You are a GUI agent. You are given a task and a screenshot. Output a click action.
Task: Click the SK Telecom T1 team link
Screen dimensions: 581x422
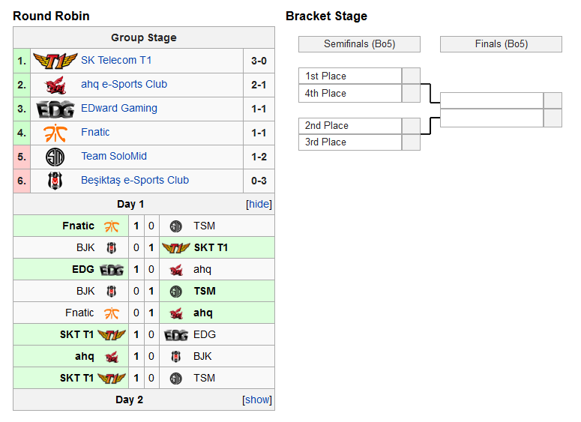tap(116, 60)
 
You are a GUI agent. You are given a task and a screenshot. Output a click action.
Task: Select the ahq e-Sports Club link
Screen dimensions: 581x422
tap(124, 84)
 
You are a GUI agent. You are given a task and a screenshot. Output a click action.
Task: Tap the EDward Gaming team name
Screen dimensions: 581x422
tap(119, 108)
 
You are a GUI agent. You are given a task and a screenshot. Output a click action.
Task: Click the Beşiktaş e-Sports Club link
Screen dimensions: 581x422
tap(135, 180)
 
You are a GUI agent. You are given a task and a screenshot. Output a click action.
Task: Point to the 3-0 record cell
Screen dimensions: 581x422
tap(259, 61)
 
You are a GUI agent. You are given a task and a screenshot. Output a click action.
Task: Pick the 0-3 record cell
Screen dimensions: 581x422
tap(259, 181)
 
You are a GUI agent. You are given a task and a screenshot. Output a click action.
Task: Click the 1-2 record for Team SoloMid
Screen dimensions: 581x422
tap(259, 157)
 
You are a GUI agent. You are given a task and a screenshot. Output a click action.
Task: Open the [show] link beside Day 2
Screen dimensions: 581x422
tap(257, 400)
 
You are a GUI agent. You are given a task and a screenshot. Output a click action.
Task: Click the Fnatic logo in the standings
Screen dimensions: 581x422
tap(55, 133)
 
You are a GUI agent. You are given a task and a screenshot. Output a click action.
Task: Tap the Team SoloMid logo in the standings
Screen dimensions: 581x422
tap(55, 157)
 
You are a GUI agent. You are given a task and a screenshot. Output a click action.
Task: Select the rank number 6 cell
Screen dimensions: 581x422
tap(22, 181)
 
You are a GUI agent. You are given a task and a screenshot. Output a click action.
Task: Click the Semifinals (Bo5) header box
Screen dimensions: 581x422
tap(359, 44)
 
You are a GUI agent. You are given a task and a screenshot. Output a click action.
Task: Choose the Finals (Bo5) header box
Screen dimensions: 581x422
tap(501, 44)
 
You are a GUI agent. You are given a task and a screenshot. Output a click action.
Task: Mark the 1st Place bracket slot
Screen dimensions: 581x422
tap(350, 76)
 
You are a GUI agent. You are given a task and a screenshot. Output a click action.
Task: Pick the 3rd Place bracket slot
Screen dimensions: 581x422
tap(350, 142)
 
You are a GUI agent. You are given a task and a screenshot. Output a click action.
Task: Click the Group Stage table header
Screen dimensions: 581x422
tap(144, 37)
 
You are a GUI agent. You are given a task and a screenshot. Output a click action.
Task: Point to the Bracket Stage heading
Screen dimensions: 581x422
tap(326, 16)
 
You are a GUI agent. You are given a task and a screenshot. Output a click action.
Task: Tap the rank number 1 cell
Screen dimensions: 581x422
tap(22, 61)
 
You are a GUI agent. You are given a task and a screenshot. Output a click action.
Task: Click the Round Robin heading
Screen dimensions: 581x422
tap(51, 16)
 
